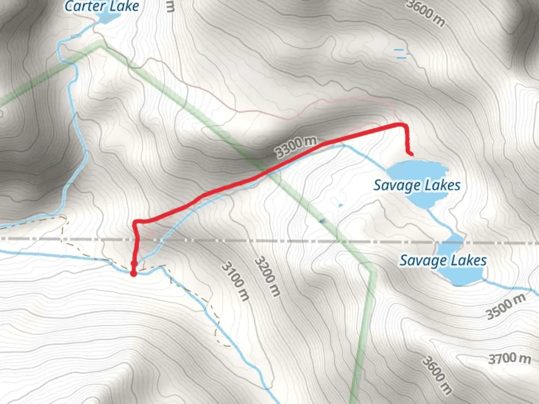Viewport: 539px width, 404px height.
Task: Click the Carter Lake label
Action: coord(102,6)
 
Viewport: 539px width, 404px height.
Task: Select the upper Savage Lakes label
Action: coord(417,185)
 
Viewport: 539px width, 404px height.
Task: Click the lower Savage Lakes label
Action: coord(443,260)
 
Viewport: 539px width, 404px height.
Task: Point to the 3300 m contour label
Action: coord(296,147)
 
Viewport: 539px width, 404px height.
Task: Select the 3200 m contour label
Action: coord(267,276)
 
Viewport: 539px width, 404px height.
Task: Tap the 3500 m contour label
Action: coord(506,306)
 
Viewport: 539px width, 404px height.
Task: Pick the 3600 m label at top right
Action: coord(426,13)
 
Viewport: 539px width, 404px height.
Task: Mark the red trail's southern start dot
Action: coord(133,273)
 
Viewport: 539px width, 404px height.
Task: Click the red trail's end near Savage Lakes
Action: coord(411,154)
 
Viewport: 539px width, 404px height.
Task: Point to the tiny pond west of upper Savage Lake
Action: coord(340,205)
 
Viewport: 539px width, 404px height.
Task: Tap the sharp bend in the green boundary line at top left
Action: coord(100,46)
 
